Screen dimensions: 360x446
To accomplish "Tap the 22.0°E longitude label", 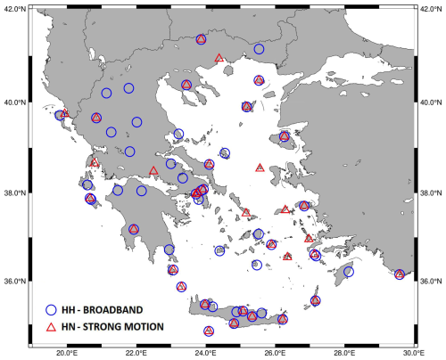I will coord(136,353).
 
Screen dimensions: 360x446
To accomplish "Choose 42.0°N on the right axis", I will coord(432,8).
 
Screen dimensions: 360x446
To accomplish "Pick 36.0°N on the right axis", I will coord(432,282).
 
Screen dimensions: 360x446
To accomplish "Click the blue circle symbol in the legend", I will coord(52,309).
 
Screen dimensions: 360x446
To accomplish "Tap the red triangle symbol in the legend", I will coord(52,327).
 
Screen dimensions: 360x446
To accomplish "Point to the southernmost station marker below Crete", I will coord(209,331).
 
